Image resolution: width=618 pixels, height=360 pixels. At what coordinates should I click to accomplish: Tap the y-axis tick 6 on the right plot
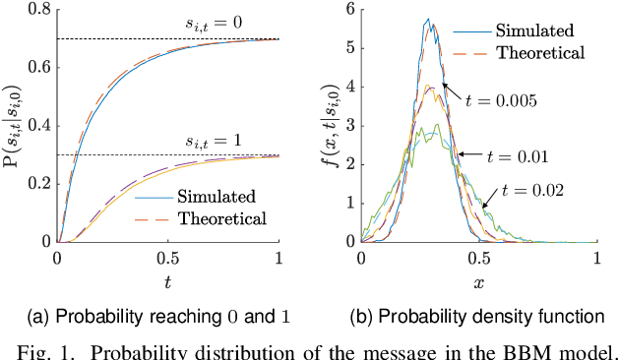click(x=348, y=11)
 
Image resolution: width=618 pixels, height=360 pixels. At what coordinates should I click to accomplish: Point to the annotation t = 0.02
click(x=531, y=190)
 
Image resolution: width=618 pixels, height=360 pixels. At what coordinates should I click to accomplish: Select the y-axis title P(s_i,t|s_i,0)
click(x=13, y=126)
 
